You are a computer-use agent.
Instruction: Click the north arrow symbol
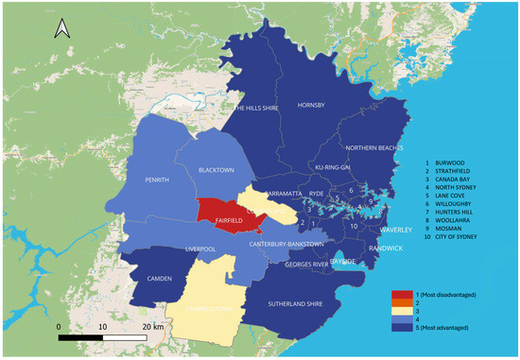pos(61,30)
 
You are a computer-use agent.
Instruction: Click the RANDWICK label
pos(385,248)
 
